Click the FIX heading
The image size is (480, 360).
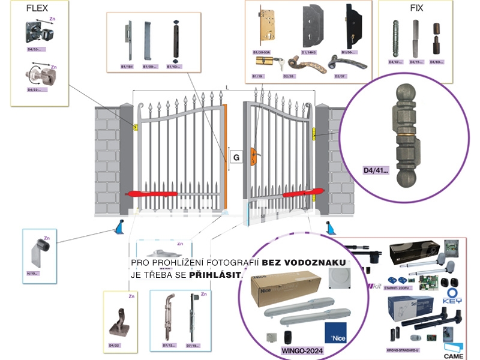point(416,8)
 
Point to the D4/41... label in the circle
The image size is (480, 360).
point(376,170)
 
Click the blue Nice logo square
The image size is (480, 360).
point(335,333)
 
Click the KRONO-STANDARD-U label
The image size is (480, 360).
point(403,350)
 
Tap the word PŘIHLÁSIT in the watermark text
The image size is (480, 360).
point(215,274)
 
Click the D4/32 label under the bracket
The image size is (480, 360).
point(114,346)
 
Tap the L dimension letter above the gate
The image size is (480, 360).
point(227,88)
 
